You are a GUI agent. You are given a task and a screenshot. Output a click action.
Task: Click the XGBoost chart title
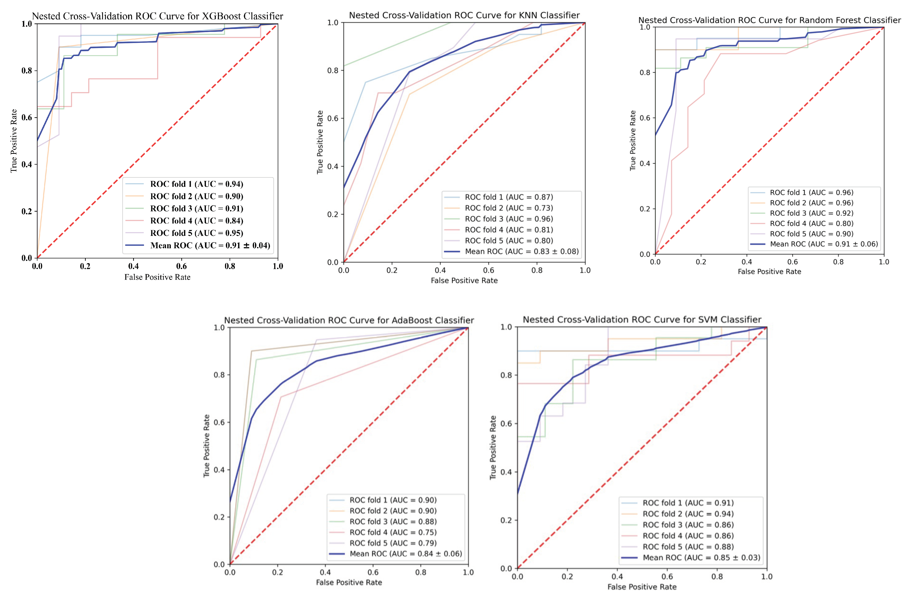coord(157,16)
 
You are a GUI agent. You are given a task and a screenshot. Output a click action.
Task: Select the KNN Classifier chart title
coord(464,15)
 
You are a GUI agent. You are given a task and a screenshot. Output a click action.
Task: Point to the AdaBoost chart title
coord(349,320)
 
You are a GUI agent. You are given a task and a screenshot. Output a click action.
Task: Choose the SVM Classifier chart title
coord(642,319)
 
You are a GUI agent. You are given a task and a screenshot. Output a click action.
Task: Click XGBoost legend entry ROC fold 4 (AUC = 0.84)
coord(196,221)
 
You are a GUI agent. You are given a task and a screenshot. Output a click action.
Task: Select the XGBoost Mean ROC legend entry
coord(210,245)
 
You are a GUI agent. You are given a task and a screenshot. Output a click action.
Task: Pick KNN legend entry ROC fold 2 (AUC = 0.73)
coord(509,208)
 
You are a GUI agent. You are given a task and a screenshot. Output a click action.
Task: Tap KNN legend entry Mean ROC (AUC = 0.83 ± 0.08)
coord(522,251)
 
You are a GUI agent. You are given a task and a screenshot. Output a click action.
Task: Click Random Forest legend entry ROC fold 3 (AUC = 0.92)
coord(812,213)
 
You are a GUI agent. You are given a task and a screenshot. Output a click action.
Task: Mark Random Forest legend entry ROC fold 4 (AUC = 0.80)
coord(812,224)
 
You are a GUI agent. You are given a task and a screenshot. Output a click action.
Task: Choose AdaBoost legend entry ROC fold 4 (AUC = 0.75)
coord(393,532)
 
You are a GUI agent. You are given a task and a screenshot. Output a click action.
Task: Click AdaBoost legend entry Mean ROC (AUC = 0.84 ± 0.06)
coord(406,554)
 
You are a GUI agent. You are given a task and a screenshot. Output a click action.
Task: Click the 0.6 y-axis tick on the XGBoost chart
coord(27,118)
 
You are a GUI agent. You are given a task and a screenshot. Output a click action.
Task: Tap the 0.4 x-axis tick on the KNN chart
coord(440,270)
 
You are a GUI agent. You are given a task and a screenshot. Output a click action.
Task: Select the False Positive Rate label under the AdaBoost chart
coord(349,582)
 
